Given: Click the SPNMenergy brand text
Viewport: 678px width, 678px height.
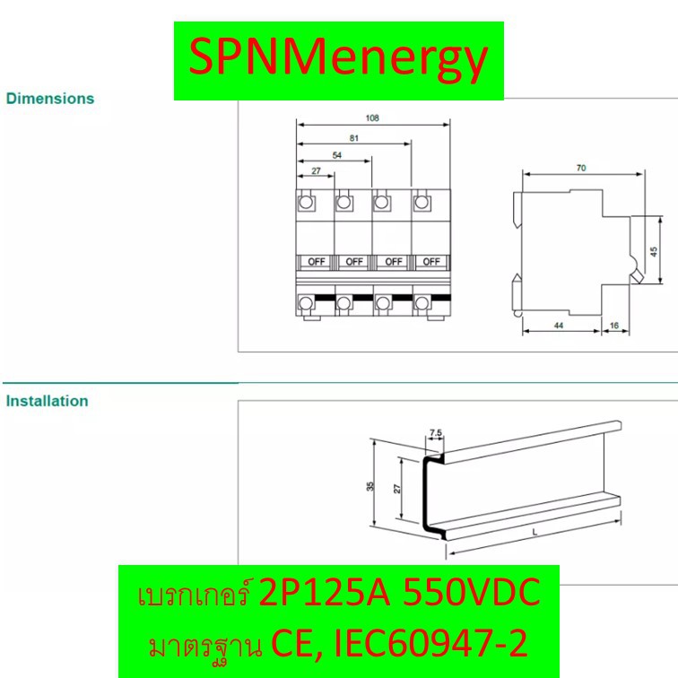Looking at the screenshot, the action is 339,60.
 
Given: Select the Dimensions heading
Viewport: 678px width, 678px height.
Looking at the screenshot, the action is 50,99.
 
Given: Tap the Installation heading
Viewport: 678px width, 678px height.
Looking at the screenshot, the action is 48,401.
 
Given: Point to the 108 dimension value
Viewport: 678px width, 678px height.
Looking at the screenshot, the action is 372,117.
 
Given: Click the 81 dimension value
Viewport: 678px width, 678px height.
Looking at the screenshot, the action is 354,138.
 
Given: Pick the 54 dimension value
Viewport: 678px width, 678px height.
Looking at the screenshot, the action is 337,155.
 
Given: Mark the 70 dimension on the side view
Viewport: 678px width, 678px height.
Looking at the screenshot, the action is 581,168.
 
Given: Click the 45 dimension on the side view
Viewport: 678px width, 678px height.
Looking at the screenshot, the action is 654,252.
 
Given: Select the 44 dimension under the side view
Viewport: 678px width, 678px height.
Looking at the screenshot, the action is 559,326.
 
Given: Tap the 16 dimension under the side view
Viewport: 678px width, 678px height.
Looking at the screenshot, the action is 614,326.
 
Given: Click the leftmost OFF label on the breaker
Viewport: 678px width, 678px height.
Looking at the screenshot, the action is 316,262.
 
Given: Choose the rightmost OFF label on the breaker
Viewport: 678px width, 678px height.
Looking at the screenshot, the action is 431,262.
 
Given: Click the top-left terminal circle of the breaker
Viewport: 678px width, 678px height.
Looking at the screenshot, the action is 306,202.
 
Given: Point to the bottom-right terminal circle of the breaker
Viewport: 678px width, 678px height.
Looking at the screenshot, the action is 422,303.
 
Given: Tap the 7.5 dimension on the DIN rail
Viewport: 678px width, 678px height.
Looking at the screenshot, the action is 436,432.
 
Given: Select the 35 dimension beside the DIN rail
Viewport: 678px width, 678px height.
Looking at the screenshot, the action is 370,486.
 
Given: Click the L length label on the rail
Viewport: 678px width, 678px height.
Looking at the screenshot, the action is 535,532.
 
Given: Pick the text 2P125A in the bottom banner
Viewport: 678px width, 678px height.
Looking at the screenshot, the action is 325,592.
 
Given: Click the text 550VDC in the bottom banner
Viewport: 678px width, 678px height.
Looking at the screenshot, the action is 472,592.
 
